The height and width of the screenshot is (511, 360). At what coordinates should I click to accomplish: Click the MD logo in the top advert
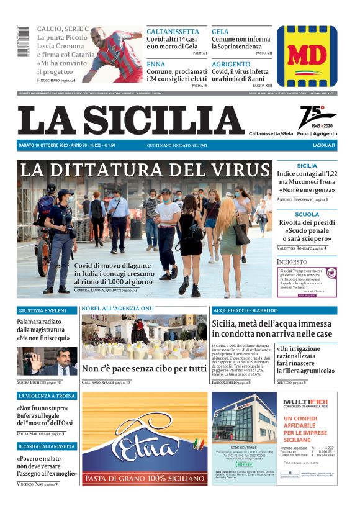tap(307, 56)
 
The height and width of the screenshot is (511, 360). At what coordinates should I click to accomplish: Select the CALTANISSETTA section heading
tap(173, 32)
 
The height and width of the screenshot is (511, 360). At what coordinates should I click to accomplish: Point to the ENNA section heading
tap(156, 64)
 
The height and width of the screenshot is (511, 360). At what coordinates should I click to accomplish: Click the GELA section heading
tap(220, 32)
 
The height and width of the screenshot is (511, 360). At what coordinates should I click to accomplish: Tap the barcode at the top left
tap(23, 42)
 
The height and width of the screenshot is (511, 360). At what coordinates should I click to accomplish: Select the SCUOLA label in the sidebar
tap(307, 214)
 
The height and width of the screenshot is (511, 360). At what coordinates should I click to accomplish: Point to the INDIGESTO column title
tap(292, 263)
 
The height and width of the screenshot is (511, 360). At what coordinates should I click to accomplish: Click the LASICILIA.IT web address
tap(323, 145)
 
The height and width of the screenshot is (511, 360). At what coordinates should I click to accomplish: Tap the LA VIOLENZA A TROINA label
tap(47, 396)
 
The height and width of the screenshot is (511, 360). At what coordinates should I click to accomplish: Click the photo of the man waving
tap(47, 360)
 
